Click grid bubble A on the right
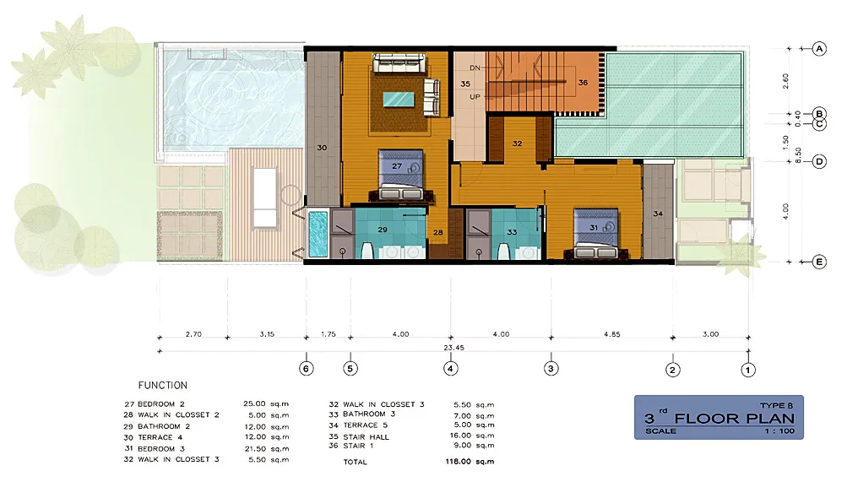tap(818, 49)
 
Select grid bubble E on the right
tap(818, 262)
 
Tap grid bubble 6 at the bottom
tap(307, 368)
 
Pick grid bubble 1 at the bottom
tap(748, 368)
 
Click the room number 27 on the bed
tap(397, 167)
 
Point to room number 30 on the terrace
tap(322, 148)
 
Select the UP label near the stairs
tap(475, 96)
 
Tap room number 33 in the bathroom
tap(512, 231)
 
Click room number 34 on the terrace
tap(658, 214)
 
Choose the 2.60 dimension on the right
tap(786, 81)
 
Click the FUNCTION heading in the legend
tap(163, 386)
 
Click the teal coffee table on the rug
tap(399, 99)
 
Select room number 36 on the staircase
tap(583, 83)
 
